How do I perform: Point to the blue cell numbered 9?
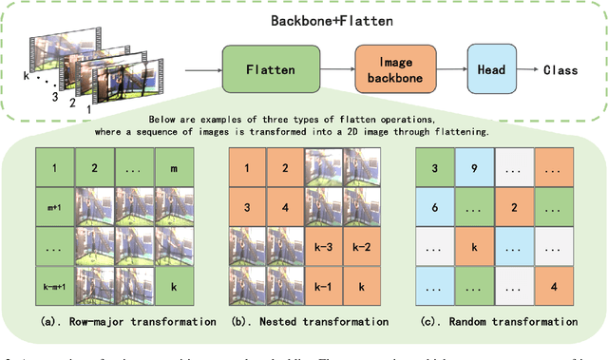pyautogui.click(x=470, y=169)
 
